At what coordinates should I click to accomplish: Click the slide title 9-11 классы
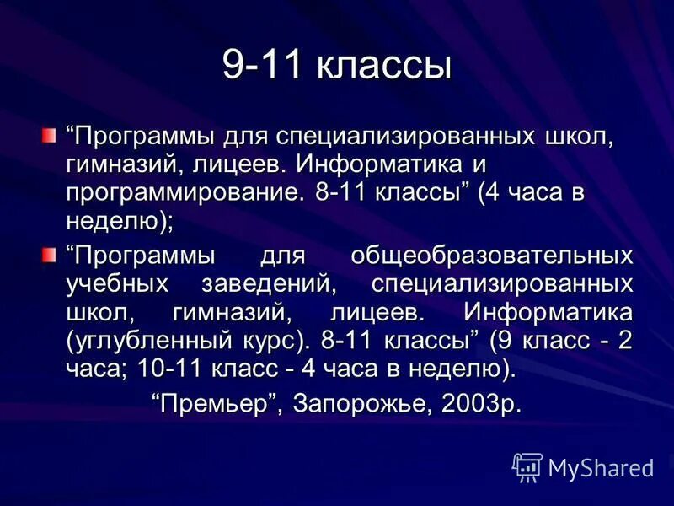point(337,67)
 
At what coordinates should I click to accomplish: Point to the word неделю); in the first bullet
point(119,221)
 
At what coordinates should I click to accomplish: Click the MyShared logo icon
point(527,466)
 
